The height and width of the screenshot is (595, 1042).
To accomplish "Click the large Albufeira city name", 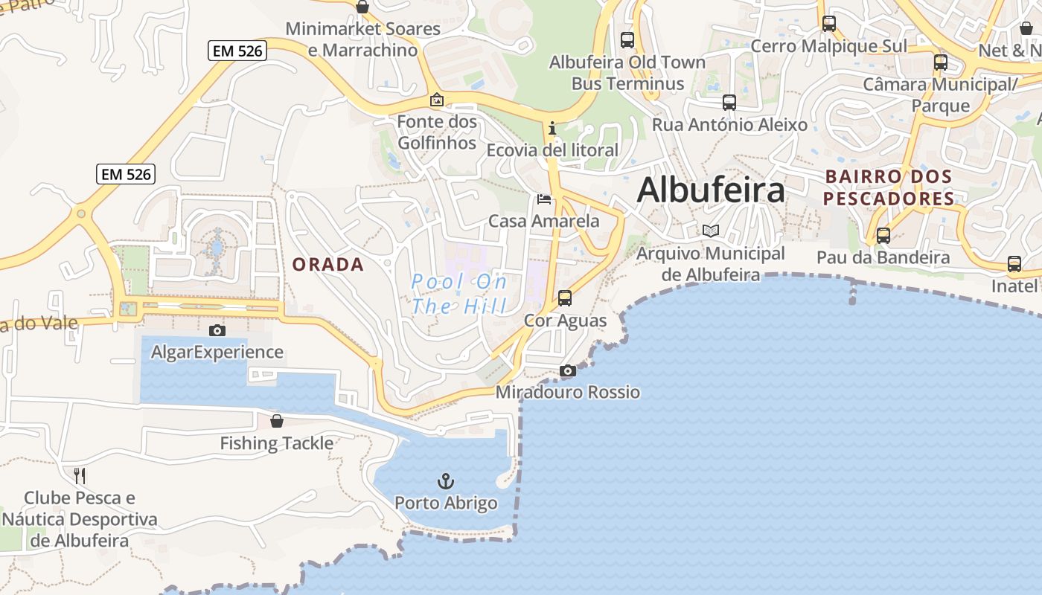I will (x=711, y=190).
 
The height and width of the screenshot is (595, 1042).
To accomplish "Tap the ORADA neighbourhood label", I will (x=328, y=265).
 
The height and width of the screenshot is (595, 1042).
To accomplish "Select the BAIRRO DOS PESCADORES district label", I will (x=889, y=188).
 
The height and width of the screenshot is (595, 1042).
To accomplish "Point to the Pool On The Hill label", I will (x=459, y=294).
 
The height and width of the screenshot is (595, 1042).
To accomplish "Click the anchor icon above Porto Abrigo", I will (x=446, y=481).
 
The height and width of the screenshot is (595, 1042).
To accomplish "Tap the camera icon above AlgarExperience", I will (x=217, y=330).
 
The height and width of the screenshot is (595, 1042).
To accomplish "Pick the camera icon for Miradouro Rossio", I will (x=568, y=370).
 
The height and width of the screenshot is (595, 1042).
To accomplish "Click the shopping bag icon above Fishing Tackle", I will (x=277, y=421).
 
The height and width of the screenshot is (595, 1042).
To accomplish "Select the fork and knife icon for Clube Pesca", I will (x=80, y=475).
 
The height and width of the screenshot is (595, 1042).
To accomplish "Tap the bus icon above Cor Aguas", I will (x=565, y=298).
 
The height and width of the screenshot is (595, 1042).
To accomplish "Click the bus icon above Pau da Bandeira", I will (x=883, y=236).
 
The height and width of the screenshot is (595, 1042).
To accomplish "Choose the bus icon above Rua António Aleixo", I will (x=729, y=103).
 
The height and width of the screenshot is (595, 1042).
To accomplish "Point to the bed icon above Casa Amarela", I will (x=544, y=199).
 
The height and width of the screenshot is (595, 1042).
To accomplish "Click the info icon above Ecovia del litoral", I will (x=552, y=128).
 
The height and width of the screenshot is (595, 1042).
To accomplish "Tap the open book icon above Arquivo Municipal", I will (x=711, y=231).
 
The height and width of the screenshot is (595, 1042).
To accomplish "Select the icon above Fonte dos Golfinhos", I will (x=437, y=100).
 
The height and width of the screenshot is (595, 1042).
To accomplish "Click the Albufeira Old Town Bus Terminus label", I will (x=627, y=73).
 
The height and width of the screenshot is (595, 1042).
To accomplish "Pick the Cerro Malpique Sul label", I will (x=829, y=46).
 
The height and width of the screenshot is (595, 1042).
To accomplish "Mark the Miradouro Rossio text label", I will (x=568, y=392).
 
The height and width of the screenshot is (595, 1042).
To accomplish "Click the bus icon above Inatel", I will (x=1014, y=264).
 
